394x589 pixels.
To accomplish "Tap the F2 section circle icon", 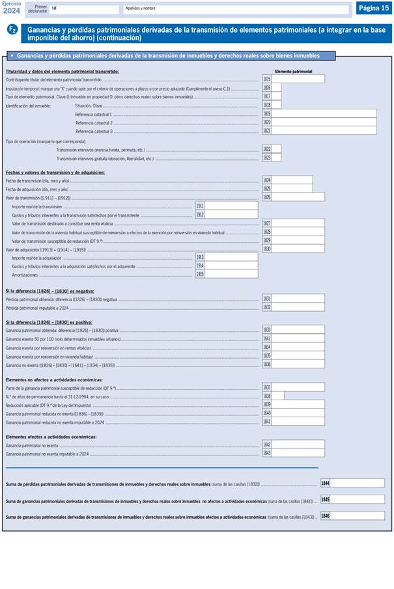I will click(x=12, y=30).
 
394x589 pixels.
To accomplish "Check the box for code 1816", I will click(x=277, y=88).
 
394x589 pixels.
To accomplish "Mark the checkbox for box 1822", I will click(x=277, y=149).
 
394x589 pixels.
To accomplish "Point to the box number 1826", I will click(x=267, y=197).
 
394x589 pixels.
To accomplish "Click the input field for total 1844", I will click(x=358, y=484).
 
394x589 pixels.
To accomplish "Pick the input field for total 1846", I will click(x=358, y=516).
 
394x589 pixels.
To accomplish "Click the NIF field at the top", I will click(x=85, y=9).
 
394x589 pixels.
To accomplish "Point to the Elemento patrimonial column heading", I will click(x=293, y=71).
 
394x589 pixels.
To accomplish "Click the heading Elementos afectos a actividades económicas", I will click(x=51, y=437).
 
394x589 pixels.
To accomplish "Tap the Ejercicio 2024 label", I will click(x=11, y=7).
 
